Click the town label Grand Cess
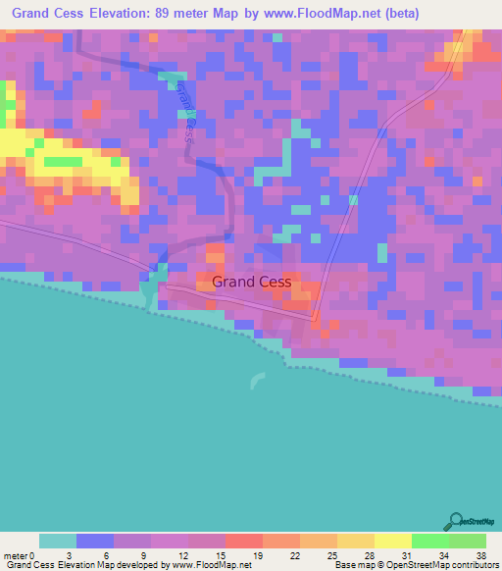[x=252, y=282]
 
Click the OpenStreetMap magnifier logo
[x=457, y=522]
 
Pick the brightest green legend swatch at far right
[x=468, y=541]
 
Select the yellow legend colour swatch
[x=393, y=541]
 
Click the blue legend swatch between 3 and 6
[x=95, y=541]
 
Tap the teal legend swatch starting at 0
[x=58, y=541]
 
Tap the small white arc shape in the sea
[x=257, y=381]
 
